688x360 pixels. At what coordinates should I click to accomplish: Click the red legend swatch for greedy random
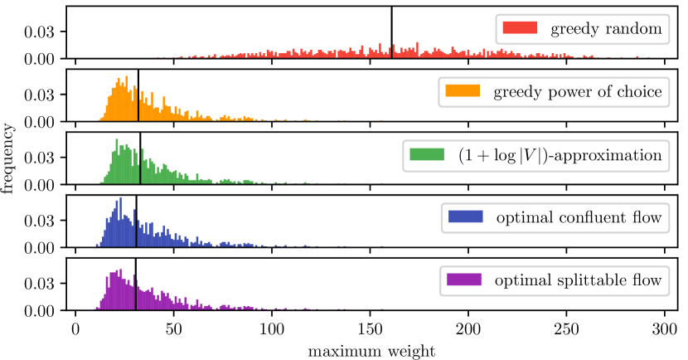(x=521, y=31)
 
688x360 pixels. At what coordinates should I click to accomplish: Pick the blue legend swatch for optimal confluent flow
(x=464, y=218)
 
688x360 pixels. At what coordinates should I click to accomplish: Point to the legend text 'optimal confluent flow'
(x=578, y=218)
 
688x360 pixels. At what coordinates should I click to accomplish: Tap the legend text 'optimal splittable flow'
(x=577, y=281)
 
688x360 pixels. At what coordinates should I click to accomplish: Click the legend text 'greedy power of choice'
(x=577, y=91)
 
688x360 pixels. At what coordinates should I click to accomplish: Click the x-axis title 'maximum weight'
(x=371, y=351)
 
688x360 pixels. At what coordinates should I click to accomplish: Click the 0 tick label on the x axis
(x=75, y=329)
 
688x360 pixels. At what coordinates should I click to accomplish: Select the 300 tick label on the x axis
(x=666, y=329)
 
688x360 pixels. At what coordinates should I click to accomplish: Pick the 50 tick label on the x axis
(x=173, y=329)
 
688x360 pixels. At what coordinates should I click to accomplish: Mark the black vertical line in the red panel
(x=391, y=32)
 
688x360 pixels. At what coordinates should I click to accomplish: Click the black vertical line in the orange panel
(x=138, y=95)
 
